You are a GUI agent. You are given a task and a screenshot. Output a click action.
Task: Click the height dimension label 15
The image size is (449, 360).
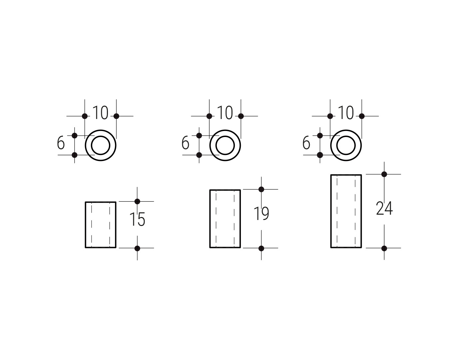point(137,219)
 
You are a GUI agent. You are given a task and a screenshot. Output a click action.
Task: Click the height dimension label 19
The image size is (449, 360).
point(261,213)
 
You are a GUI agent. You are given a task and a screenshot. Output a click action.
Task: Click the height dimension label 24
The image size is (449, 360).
point(384,208)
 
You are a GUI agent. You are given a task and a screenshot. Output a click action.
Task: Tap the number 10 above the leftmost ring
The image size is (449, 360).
point(100,113)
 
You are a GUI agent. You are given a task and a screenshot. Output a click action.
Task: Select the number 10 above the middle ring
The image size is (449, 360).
point(225,113)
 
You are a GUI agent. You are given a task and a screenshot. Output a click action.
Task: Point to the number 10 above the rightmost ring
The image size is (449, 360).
point(346,113)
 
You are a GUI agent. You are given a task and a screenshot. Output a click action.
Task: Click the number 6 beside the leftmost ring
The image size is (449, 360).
point(61,143)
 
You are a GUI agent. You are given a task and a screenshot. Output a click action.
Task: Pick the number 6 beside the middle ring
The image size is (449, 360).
point(185,143)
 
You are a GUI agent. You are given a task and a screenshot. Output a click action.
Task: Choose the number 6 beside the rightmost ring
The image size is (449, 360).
point(306,143)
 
